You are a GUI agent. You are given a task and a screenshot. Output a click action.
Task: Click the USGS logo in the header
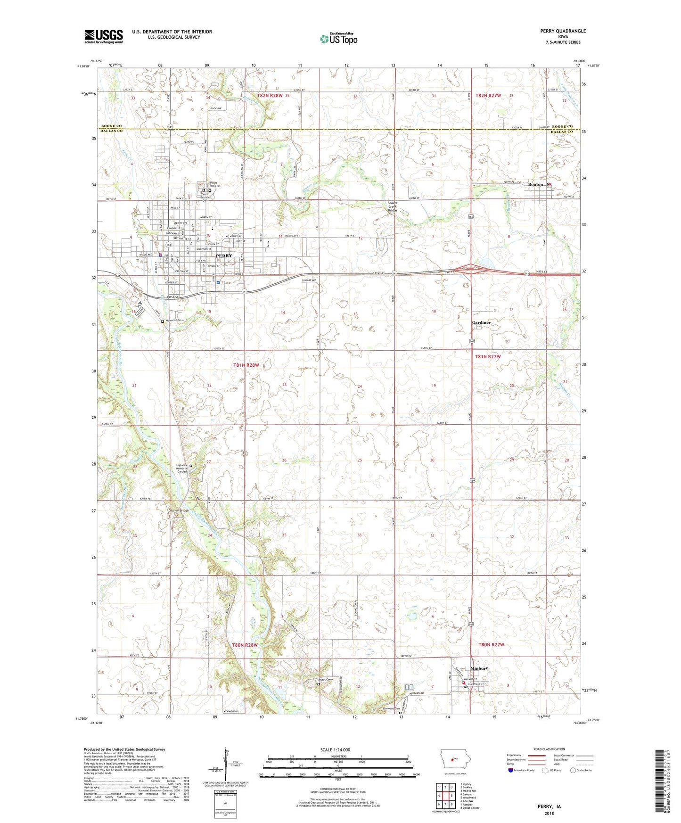[x=103, y=36]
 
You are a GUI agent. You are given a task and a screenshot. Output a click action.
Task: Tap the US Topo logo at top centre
[x=338, y=39]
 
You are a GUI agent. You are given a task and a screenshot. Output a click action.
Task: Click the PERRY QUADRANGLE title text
[x=563, y=31]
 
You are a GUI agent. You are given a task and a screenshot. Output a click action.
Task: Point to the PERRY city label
[x=224, y=255]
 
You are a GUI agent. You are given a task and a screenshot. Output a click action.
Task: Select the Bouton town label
[x=535, y=184]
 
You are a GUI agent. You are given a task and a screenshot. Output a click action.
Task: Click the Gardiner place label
[x=481, y=322]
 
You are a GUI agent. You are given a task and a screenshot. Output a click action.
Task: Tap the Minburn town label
[x=479, y=668]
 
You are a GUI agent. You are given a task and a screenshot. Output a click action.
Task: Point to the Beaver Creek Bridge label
[x=392, y=206]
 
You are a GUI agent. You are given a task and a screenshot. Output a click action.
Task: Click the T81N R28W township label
[x=246, y=365]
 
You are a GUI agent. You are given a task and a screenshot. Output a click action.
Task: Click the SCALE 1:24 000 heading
[x=335, y=749]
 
